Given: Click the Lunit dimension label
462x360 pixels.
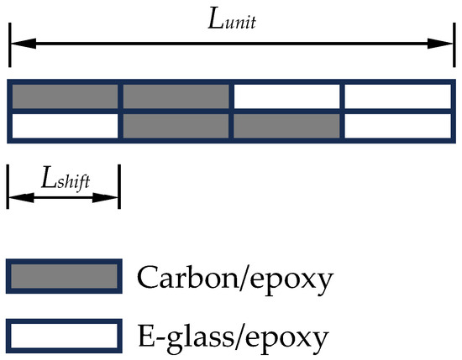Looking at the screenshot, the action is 232,20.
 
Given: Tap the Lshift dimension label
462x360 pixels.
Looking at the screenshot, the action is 66,179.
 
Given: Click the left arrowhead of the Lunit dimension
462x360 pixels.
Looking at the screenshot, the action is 23,44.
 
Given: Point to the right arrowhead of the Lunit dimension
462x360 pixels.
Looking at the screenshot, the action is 440,44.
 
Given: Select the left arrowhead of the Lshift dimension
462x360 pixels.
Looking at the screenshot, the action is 21,197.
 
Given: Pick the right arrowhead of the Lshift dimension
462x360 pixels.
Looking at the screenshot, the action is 105,197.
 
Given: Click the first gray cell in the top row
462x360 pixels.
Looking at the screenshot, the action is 65,97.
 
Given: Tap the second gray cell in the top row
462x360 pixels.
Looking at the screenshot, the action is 176,97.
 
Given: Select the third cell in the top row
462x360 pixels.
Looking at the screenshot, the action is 286,97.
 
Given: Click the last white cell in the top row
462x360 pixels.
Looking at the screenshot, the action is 398,97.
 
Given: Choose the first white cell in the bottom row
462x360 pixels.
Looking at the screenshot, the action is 65,126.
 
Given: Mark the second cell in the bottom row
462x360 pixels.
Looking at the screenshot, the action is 176,126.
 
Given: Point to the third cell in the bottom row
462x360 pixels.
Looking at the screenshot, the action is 286,126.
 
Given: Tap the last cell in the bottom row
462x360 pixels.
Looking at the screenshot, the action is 398,126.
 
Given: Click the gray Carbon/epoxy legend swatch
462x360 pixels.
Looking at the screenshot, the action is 64,276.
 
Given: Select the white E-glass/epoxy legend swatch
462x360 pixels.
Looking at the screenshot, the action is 64,336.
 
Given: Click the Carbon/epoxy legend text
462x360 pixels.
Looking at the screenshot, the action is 235,278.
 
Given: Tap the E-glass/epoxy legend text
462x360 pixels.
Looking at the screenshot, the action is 233,337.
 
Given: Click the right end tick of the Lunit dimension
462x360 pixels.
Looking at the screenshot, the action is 454,44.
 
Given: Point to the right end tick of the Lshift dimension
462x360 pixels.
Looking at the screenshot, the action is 119,186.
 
